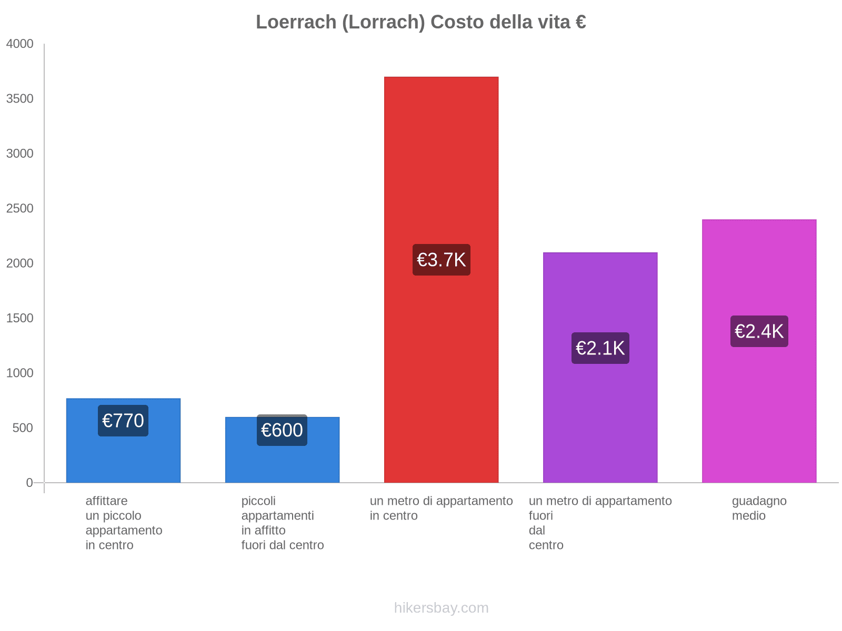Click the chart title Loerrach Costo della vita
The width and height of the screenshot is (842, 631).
(420, 22)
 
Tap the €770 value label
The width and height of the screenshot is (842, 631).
(123, 421)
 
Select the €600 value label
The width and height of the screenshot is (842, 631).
(282, 430)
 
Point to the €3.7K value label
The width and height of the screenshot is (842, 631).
(441, 260)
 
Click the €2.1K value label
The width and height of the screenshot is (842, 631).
(600, 348)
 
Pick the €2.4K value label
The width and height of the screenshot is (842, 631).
(759, 331)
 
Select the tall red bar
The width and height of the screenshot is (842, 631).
(441, 158)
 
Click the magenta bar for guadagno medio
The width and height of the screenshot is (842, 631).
(759, 421)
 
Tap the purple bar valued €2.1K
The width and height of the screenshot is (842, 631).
(600, 421)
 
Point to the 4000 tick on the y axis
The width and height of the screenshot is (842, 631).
(20, 44)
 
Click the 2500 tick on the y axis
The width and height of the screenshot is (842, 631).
(20, 209)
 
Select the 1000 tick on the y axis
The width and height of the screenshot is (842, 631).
(20, 373)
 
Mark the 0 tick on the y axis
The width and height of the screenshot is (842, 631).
(29, 483)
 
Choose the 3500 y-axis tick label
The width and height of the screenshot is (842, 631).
(20, 99)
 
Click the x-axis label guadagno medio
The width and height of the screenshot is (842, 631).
(759, 508)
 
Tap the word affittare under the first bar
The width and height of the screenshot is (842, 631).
(106, 501)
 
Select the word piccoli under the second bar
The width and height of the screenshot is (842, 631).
(258, 501)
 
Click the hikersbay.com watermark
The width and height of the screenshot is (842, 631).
(441, 608)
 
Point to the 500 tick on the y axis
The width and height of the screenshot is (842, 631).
(23, 428)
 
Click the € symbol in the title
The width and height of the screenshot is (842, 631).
(580, 22)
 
